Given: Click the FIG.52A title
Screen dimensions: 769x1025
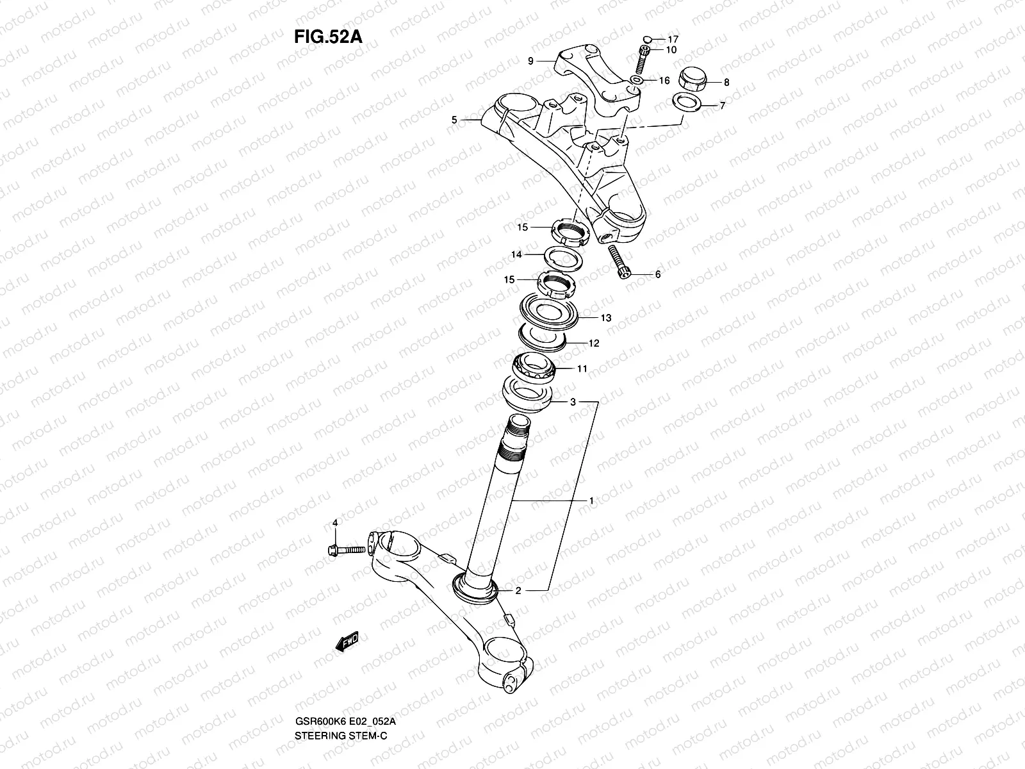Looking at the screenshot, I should (x=328, y=37).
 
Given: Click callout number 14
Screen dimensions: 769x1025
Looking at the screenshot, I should (x=516, y=255).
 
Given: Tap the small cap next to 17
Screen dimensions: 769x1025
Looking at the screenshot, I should (x=648, y=39).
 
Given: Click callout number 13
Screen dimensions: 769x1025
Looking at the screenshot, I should (x=605, y=318).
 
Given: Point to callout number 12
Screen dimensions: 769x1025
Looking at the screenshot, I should (x=594, y=343).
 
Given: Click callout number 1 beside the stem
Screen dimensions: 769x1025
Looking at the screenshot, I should (x=591, y=500).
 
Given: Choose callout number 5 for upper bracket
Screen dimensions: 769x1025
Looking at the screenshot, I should (x=454, y=120).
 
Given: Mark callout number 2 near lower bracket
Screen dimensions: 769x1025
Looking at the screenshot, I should (x=518, y=591).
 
